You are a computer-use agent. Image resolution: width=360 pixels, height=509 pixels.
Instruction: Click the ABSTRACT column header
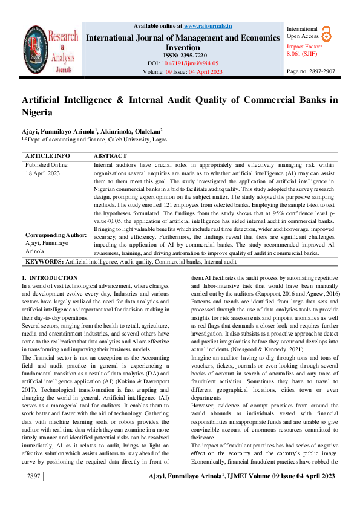click(x=110, y=155)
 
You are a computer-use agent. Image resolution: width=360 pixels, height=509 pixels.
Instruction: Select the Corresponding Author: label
click(x=56, y=235)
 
